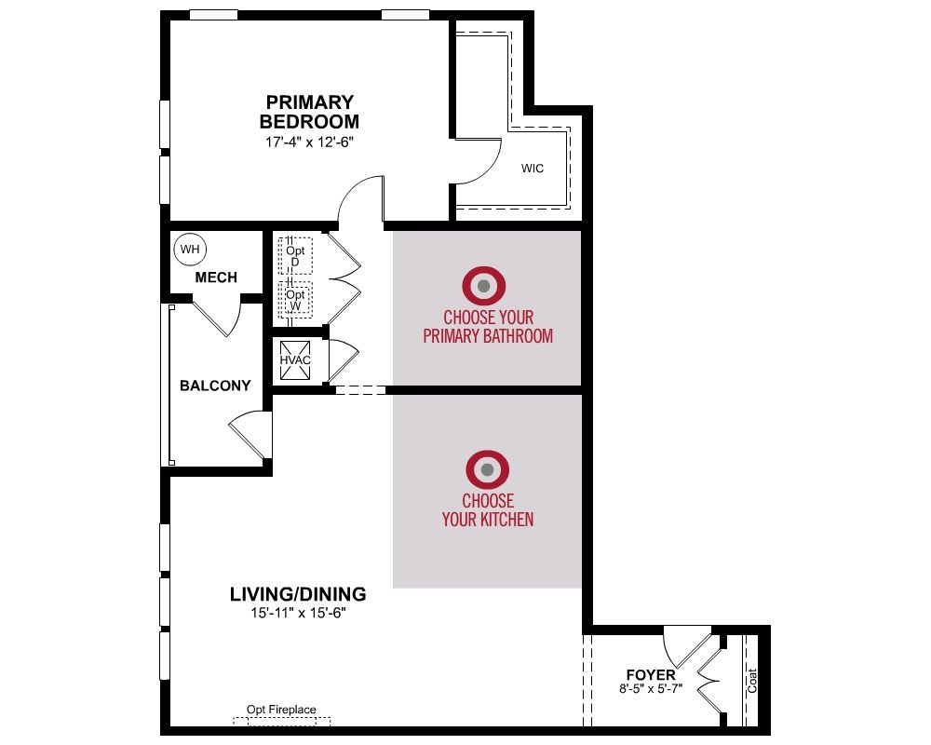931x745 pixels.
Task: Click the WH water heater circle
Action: coord(190,250)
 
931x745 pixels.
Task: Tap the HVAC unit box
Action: coord(295,360)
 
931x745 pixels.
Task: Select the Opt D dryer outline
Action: coord(296,256)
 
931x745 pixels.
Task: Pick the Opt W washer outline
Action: coord(296,300)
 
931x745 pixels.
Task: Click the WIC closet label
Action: coord(532,169)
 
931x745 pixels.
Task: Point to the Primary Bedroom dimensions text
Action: coord(309,142)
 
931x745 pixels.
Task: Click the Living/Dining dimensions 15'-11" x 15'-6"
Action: coord(298,613)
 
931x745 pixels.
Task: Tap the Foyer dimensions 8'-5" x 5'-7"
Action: coord(651,688)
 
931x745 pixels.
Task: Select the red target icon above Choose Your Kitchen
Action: coord(488,469)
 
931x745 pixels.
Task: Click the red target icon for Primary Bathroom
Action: coord(484,286)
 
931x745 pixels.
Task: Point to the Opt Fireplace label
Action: coord(281,710)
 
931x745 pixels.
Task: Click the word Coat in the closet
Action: coord(751,681)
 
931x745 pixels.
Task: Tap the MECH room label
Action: coord(216,278)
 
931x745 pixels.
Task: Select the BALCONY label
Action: coord(216,386)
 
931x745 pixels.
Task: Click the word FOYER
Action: coord(651,675)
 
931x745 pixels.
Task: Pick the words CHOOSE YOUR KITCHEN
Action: coord(488,509)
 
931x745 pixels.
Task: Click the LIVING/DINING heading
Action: coord(298,594)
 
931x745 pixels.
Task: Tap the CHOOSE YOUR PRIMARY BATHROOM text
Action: coord(488,326)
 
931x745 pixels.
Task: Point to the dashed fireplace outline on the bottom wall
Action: coord(281,721)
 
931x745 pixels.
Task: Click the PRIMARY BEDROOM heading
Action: coord(309,112)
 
